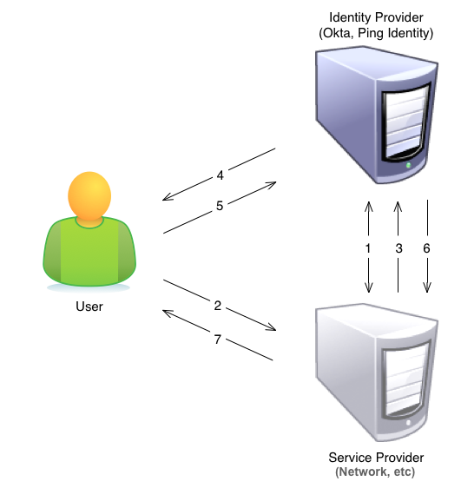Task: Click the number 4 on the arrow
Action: pyautogui.click(x=220, y=175)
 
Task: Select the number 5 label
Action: pyautogui.click(x=220, y=206)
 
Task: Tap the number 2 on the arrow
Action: pyautogui.click(x=218, y=306)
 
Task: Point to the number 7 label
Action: pyautogui.click(x=218, y=339)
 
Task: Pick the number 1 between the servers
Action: pyautogui.click(x=368, y=248)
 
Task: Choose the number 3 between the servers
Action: pyautogui.click(x=398, y=248)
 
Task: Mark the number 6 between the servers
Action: pyautogui.click(x=426, y=248)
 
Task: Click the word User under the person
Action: pyautogui.click(x=89, y=307)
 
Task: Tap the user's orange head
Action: pyautogui.click(x=89, y=195)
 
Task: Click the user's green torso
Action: pyautogui.click(x=89, y=252)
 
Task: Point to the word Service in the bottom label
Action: pyautogui.click(x=346, y=458)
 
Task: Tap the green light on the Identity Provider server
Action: pyautogui.click(x=408, y=165)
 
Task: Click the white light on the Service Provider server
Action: pyautogui.click(x=408, y=423)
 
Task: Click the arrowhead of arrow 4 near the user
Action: pyautogui.click(x=166, y=198)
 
